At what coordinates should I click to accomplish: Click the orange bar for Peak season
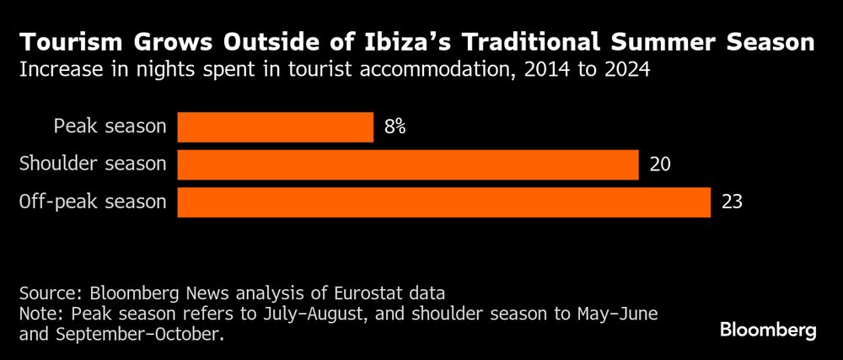click(275, 127)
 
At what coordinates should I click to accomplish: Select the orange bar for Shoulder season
click(407, 164)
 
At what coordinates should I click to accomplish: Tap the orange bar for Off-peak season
click(443, 202)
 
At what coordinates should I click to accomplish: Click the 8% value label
click(395, 127)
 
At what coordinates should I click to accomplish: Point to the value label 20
click(660, 164)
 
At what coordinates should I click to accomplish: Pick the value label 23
click(732, 202)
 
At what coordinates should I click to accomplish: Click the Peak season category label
click(110, 127)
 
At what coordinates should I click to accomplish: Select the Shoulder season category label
click(93, 164)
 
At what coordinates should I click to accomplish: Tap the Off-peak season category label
click(93, 202)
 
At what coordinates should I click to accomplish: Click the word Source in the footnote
click(45, 293)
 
